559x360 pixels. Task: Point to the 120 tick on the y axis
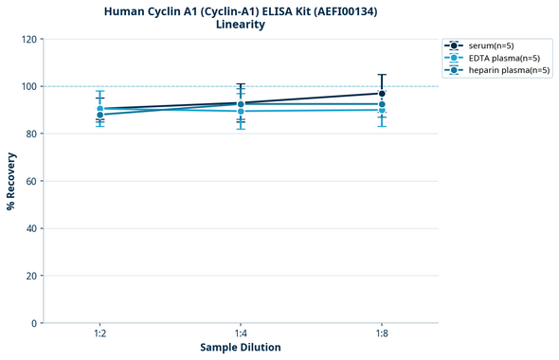31,39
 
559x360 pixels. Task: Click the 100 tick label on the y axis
31,86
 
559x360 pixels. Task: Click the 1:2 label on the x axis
99,334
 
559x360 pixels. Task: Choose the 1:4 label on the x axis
241,334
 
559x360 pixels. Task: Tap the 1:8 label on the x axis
382,334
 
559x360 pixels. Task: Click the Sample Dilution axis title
241,348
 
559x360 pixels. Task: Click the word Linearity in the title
241,25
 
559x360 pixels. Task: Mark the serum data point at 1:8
382,94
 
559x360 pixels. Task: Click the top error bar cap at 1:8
382,75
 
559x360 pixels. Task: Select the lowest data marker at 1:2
99,115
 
